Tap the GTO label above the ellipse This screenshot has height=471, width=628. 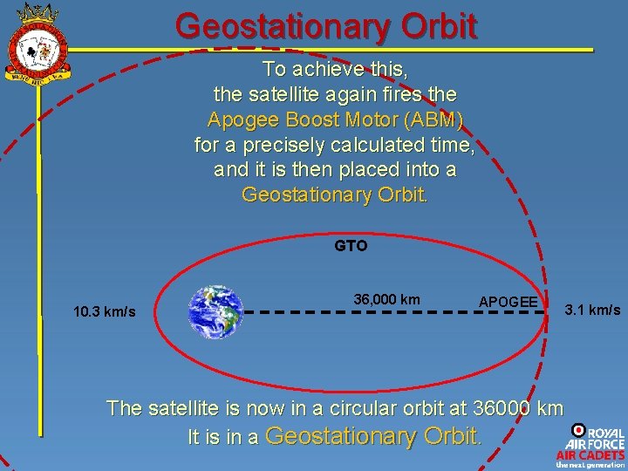[351, 246]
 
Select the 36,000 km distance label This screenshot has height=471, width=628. [386, 299]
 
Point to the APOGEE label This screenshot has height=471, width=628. [509, 302]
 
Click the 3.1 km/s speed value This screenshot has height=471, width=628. [593, 310]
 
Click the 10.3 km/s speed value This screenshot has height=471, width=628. [105, 311]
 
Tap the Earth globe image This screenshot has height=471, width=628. [216, 311]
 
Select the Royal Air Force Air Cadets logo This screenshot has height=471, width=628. [590, 446]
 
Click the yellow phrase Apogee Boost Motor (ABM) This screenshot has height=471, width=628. [335, 119]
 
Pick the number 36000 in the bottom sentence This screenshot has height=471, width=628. [503, 407]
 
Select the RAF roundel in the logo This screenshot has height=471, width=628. [577, 430]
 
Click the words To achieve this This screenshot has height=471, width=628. [335, 69]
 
